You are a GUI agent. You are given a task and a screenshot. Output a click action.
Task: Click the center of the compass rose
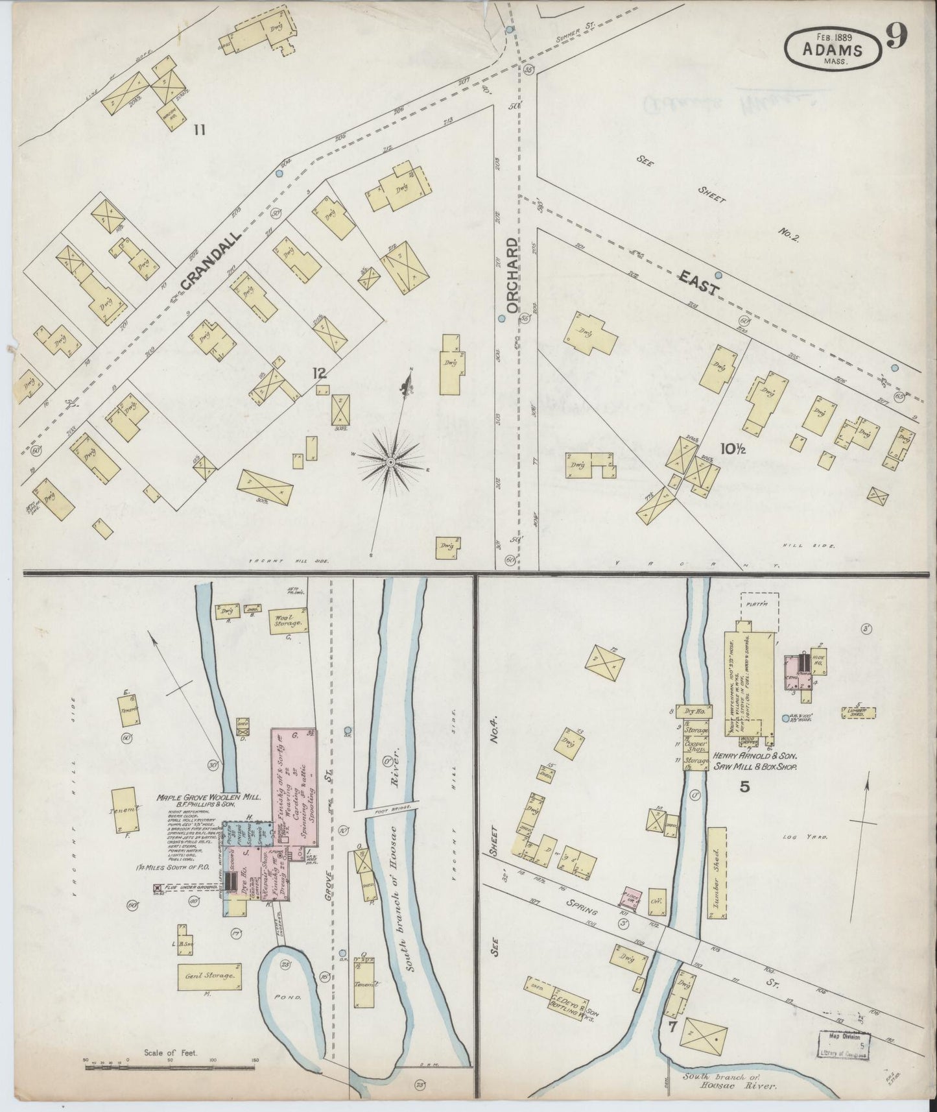390,461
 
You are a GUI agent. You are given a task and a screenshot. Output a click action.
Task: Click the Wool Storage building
287,622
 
